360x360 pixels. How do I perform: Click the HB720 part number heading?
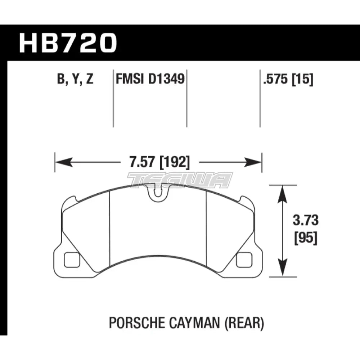coord(68,44)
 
